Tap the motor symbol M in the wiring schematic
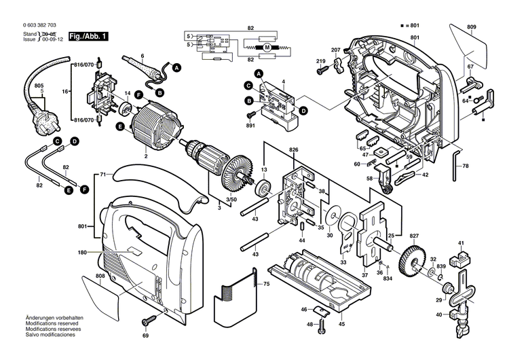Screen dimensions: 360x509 click(x=267, y=48)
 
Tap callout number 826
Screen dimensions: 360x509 click(x=293, y=149)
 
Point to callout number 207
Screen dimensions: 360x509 click(x=335, y=50)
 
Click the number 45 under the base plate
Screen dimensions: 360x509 click(x=341, y=324)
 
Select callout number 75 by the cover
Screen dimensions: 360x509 click(x=266, y=284)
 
